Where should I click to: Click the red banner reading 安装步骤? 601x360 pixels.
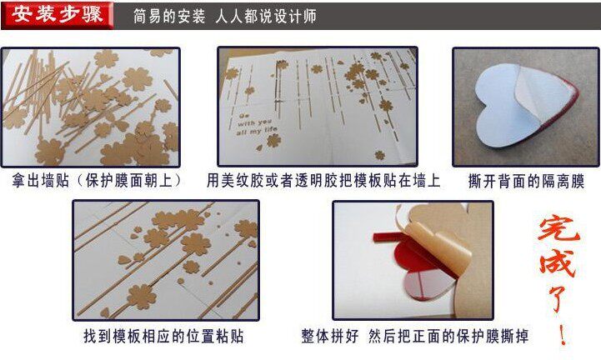pos(58,15)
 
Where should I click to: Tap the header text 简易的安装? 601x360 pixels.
pos(169,16)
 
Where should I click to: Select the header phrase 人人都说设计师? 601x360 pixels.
pos(266,16)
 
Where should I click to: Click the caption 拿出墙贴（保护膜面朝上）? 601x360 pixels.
pos(97,181)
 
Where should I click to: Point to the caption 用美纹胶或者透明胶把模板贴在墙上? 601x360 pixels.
pos(323,181)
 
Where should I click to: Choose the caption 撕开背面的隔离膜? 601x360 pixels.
pos(526,181)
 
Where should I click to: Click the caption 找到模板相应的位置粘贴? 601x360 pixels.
pos(163,336)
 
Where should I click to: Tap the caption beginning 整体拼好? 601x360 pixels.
pos(415,336)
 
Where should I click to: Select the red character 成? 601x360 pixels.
pos(558,263)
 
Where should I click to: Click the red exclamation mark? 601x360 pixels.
pos(562,332)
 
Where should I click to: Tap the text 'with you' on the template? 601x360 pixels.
pos(254,122)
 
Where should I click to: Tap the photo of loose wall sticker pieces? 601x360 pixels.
pos(91,107)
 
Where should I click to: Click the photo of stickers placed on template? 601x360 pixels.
pos(166,260)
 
